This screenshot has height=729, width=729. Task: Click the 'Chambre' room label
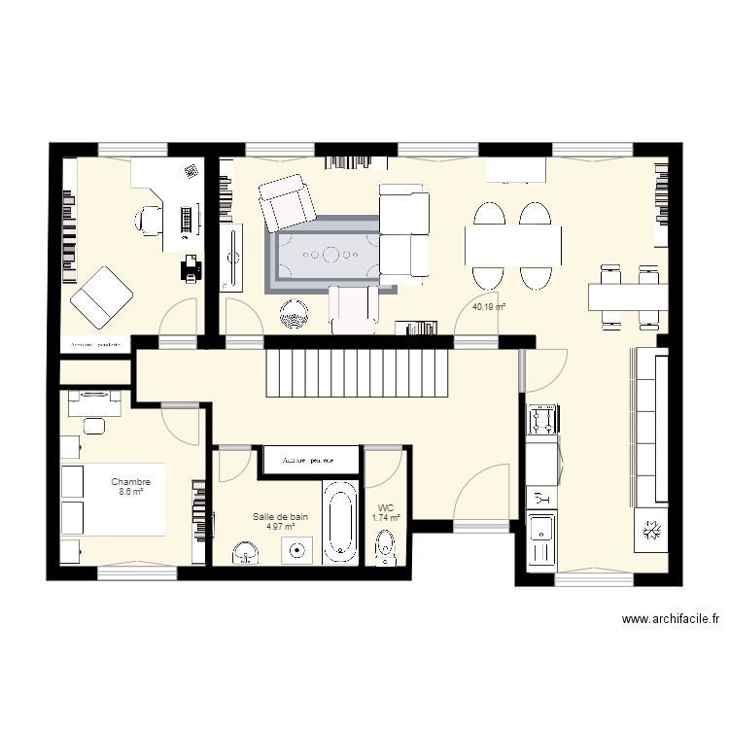click(x=130, y=481)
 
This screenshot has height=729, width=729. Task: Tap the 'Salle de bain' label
click(x=280, y=517)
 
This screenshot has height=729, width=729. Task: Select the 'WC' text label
click(x=386, y=507)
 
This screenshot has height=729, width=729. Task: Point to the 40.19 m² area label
click(x=489, y=307)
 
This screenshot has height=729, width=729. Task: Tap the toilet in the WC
click(x=386, y=548)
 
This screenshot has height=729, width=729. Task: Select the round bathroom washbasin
click(x=246, y=554)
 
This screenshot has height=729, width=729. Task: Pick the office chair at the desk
click(x=149, y=220)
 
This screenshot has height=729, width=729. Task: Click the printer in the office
click(x=191, y=266)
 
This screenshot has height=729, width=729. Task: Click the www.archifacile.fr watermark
click(x=671, y=619)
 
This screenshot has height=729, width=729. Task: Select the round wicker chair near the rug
click(x=294, y=313)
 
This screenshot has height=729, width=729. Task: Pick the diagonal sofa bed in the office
click(x=102, y=295)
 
